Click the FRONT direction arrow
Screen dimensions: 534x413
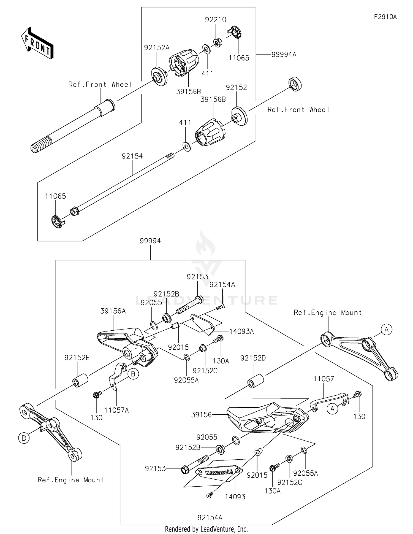37,43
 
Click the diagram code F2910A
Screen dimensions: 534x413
385,17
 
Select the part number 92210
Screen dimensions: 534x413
216,20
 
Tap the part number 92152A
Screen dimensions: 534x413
157,48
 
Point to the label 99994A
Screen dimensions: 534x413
284,55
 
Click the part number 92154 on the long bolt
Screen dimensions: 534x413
132,156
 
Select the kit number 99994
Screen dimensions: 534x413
150,241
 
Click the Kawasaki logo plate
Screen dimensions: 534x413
219,473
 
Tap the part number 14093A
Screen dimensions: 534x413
241,331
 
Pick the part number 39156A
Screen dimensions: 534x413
113,311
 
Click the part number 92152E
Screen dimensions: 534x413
77,358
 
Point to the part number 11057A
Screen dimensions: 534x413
116,410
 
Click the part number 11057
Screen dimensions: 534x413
324,379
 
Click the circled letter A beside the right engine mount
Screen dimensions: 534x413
386,330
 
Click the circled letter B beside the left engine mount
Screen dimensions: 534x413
24,438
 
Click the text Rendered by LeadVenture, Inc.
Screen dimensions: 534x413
206,529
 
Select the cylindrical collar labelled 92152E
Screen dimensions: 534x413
80,380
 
